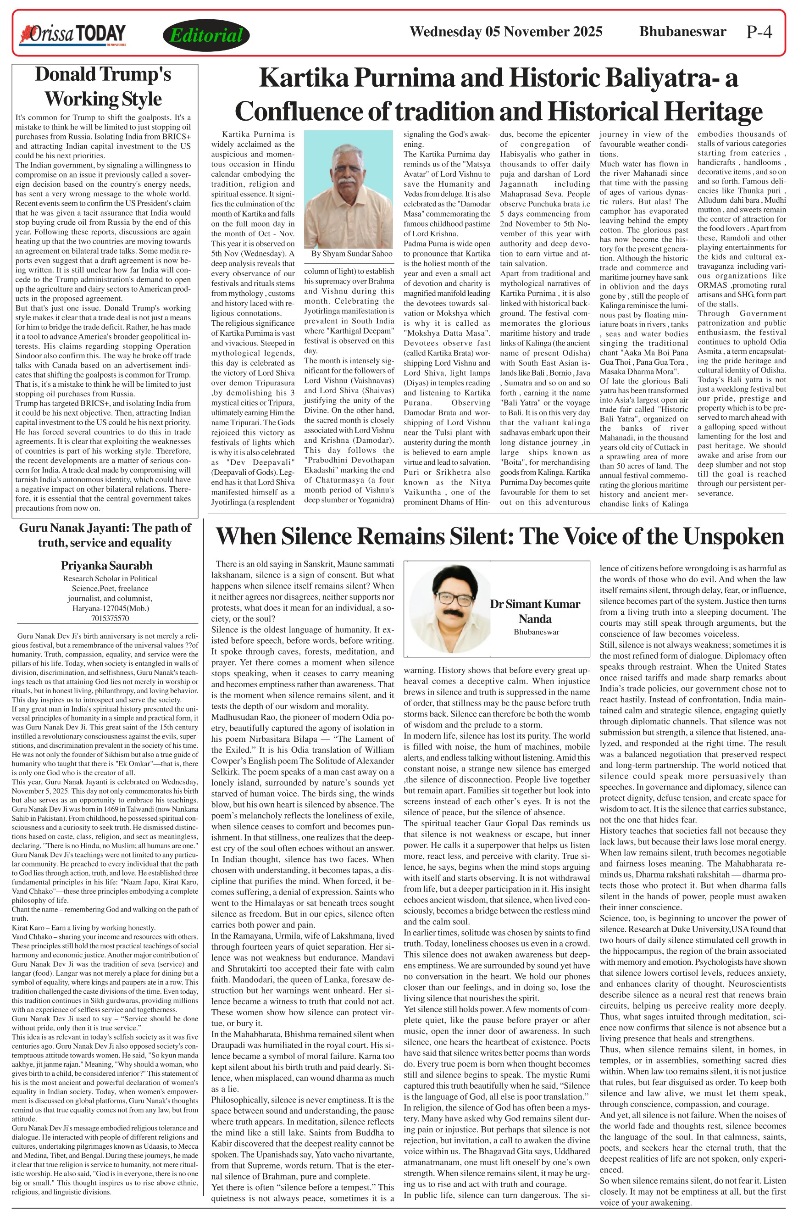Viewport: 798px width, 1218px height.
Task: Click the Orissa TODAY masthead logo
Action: tap(72, 35)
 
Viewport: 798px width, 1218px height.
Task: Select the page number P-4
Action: tap(759, 32)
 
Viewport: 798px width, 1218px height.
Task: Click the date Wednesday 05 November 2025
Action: tap(506, 32)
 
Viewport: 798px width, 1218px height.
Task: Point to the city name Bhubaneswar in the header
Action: tap(682, 32)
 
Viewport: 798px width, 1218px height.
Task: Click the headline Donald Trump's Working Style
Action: tap(103, 87)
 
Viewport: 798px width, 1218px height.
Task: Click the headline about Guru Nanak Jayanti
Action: tap(105, 535)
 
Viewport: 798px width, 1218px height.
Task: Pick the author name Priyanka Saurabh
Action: tap(106, 566)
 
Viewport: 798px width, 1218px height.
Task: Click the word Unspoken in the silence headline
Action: tap(732, 536)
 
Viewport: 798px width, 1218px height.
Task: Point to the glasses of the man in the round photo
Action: tap(453, 598)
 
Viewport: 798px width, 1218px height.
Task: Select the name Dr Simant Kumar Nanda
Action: tap(535, 611)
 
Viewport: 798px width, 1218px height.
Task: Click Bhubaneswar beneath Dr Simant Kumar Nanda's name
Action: tap(536, 632)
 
